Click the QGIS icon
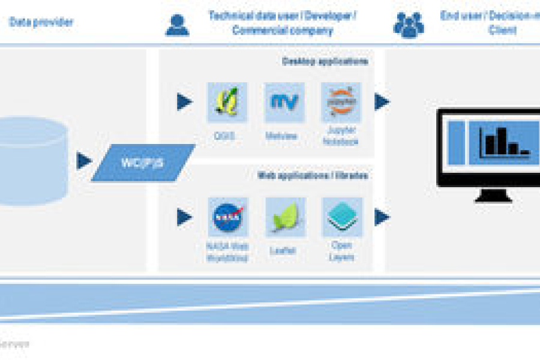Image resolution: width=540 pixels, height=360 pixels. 227,103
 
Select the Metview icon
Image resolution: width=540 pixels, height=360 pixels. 284,103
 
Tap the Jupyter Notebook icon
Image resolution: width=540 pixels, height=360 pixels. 341,103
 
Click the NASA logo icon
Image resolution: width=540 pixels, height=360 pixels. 227,217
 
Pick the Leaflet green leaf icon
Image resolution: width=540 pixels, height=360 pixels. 285,217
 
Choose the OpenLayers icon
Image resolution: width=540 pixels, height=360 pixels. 342,217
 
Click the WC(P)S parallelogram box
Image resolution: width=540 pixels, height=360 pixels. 143,163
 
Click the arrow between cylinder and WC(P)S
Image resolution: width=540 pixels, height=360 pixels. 84,161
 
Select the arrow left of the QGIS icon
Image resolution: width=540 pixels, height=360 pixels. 184,102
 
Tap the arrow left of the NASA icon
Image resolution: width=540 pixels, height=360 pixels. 184,217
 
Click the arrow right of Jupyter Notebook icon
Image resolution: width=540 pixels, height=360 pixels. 382,102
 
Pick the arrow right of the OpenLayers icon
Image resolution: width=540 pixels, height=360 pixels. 382,217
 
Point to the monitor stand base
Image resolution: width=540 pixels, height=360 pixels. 493,196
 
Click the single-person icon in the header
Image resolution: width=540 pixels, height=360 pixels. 177,25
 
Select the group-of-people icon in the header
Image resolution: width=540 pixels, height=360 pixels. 408,25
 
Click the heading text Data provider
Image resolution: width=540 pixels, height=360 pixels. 41,23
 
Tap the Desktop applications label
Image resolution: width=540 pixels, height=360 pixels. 325,61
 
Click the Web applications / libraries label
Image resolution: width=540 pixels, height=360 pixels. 313,176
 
